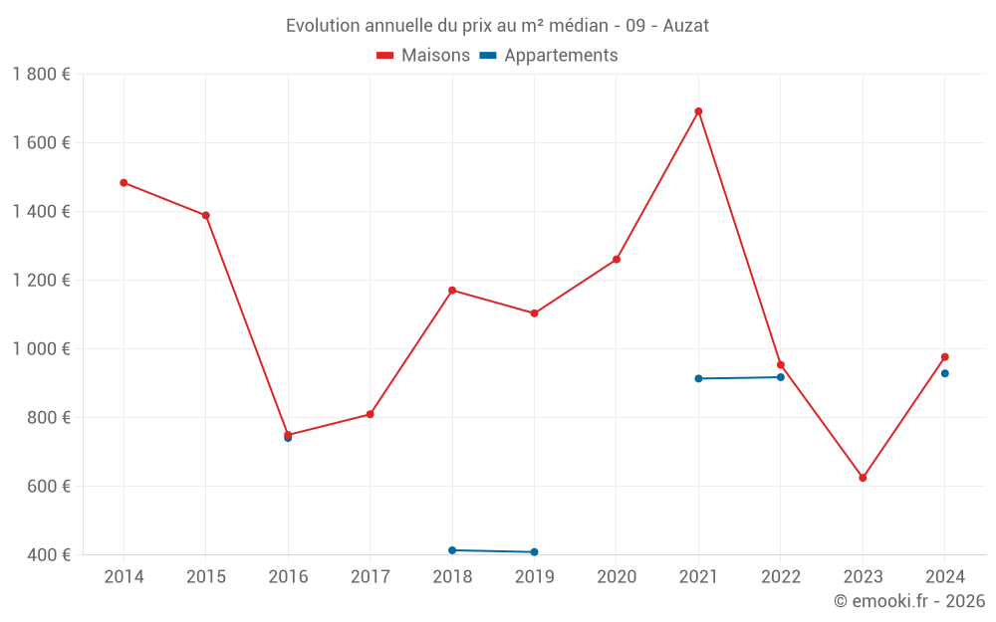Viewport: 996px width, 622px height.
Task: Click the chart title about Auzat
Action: click(x=497, y=26)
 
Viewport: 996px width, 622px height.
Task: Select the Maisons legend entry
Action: click(x=423, y=56)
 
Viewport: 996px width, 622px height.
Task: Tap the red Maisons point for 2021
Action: click(x=698, y=111)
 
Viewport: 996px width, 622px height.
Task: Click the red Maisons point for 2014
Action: click(x=124, y=183)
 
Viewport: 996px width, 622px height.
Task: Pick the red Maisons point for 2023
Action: click(x=863, y=478)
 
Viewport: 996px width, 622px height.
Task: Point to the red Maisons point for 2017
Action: click(x=371, y=414)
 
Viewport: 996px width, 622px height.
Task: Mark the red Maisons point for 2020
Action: click(x=617, y=260)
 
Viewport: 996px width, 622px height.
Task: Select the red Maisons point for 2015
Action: click(x=206, y=215)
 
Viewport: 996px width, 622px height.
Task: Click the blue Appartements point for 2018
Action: click(x=452, y=550)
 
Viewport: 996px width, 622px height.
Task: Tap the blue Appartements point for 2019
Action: click(x=535, y=552)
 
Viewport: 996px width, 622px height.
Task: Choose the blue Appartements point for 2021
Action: click(x=698, y=378)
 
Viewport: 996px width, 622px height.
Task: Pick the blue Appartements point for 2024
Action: click(x=944, y=373)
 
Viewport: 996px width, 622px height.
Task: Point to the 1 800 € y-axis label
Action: click(x=41, y=75)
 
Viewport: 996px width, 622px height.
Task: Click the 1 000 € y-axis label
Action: click(x=41, y=349)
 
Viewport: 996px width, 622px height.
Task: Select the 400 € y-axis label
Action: click(x=49, y=555)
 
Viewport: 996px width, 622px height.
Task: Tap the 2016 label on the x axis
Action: click(x=288, y=577)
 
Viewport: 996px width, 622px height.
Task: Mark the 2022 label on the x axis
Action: click(x=780, y=577)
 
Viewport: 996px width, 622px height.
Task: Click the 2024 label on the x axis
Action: click(x=944, y=577)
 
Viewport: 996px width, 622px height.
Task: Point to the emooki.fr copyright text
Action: click(x=909, y=601)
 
